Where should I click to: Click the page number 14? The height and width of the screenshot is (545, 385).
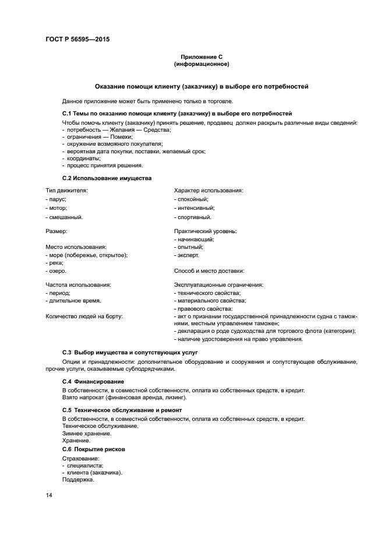tap(49, 495)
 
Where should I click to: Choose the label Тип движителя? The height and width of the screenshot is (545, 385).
tap(67, 191)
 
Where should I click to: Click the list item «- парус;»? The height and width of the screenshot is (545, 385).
tap(56, 199)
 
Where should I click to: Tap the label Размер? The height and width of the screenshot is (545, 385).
tap(56, 231)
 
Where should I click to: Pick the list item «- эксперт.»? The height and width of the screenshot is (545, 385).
tap(187, 255)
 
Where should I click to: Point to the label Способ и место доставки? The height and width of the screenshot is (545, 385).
tap(209, 270)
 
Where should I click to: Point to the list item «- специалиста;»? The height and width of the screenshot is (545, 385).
tap(83, 466)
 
